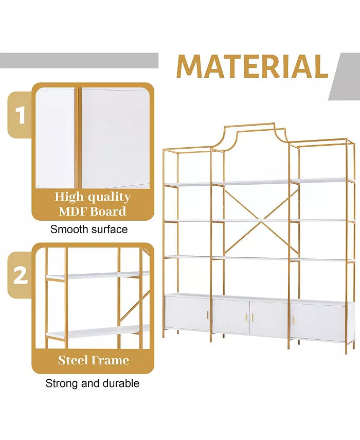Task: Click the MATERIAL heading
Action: (253, 66)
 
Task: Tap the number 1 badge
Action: (20, 115)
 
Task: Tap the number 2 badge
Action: (20, 275)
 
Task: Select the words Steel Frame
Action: (94, 360)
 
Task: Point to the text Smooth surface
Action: (89, 229)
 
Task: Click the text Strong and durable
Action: (92, 383)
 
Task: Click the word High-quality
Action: (93, 197)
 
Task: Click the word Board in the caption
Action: (108, 212)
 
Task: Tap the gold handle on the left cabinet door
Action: (207, 314)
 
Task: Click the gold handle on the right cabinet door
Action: (294, 320)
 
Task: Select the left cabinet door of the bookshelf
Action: (187, 313)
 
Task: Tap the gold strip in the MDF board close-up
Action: (78, 137)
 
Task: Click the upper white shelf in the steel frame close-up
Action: (98, 275)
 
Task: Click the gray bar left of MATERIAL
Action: (79, 60)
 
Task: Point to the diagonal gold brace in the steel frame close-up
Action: (135, 306)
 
